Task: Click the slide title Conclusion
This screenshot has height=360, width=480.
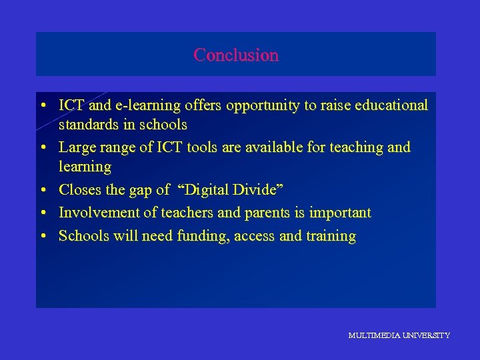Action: (x=236, y=55)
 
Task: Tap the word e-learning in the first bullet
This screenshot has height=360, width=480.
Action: (x=141, y=105)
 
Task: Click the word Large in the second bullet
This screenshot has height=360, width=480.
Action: (x=77, y=147)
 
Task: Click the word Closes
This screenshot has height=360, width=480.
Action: (x=79, y=190)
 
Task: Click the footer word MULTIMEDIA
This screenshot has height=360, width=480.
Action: (x=374, y=335)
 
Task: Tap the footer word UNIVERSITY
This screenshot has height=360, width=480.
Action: (x=426, y=335)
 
